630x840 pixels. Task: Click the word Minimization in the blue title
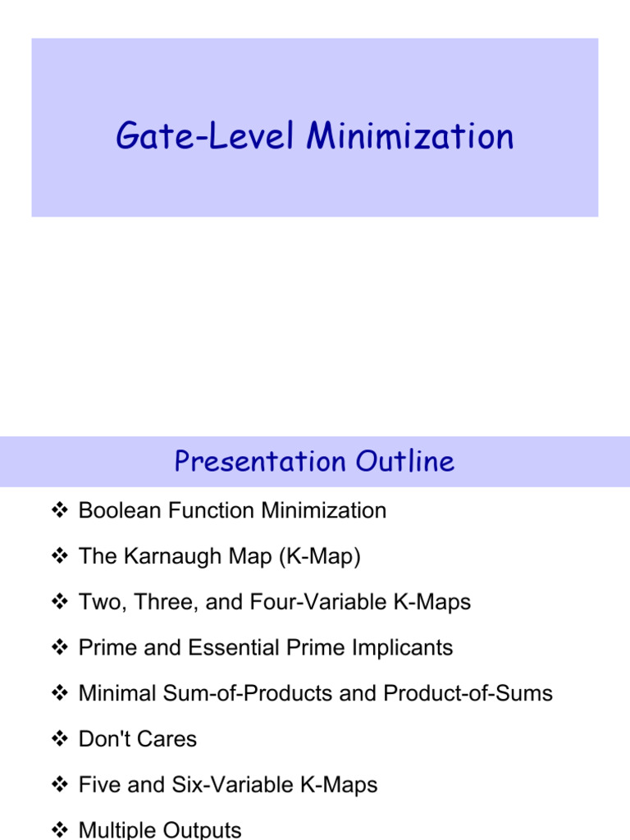[x=410, y=136]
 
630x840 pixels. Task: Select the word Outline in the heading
[x=405, y=461]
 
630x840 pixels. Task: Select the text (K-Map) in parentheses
[x=320, y=556]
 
